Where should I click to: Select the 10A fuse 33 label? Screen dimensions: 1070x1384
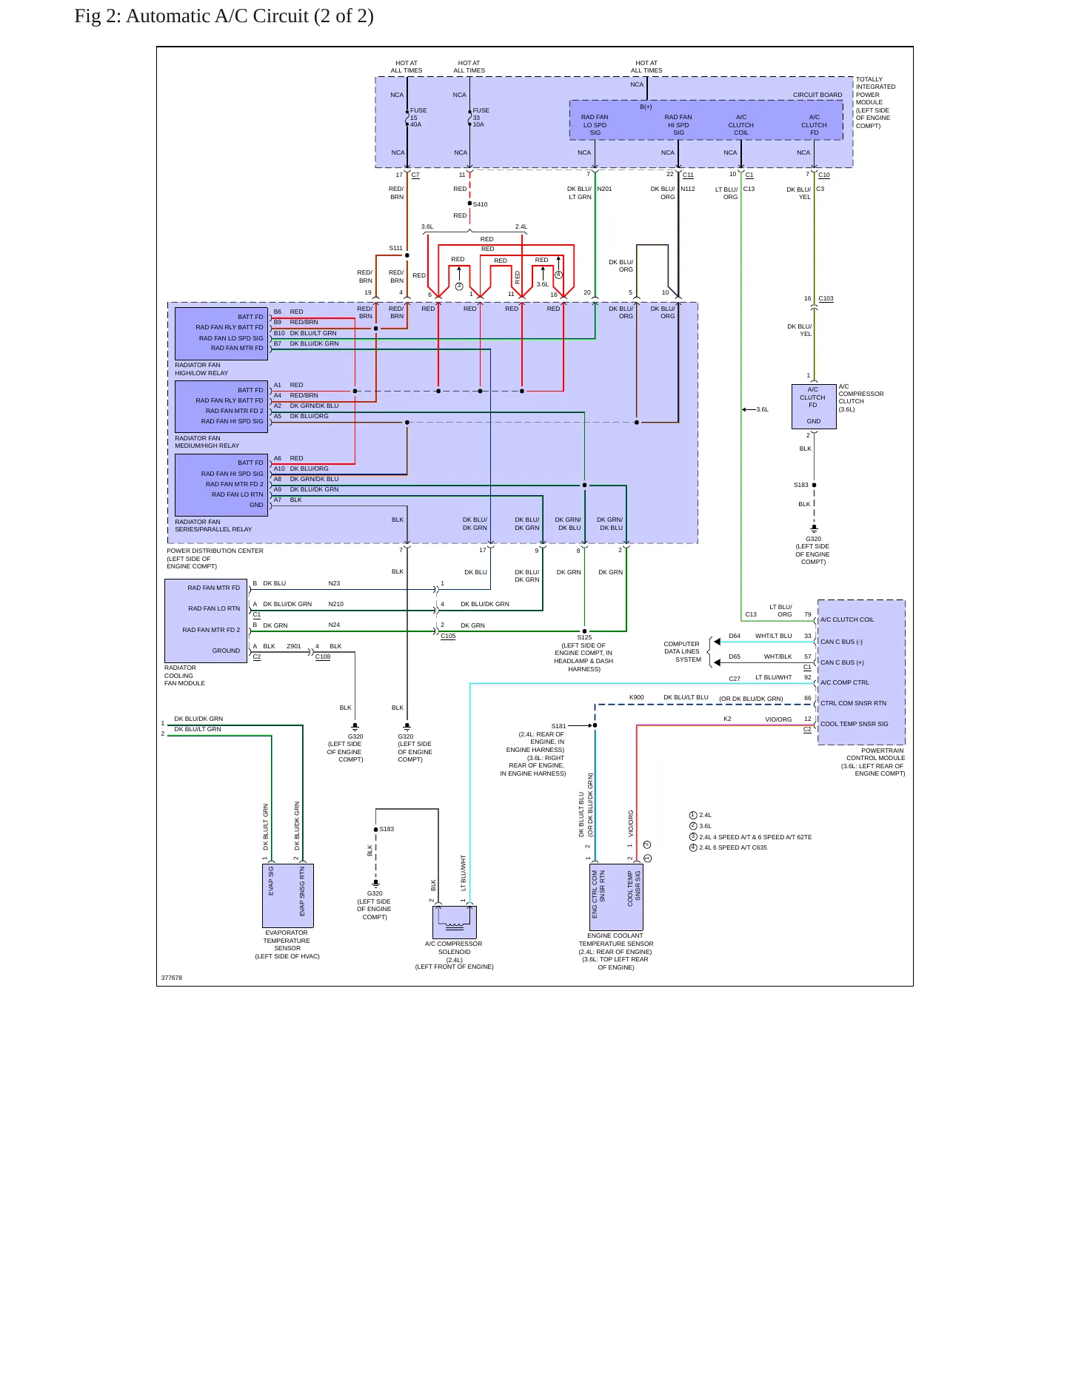point(481,118)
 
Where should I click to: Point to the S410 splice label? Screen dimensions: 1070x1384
point(480,204)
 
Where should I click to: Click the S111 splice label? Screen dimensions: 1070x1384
point(395,249)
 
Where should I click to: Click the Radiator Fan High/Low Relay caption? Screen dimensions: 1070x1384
point(201,369)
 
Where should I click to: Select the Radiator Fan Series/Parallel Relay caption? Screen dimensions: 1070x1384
point(213,525)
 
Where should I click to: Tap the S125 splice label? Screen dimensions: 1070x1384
point(584,637)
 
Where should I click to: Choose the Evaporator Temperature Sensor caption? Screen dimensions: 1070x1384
point(287,944)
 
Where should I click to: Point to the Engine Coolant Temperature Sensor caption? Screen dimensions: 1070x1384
point(616,951)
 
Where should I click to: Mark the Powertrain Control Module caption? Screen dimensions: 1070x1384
point(873,762)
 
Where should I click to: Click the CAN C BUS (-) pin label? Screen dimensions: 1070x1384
point(841,642)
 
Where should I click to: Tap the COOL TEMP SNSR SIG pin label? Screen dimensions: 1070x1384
point(855,724)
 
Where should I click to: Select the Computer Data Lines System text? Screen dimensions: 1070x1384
point(682,651)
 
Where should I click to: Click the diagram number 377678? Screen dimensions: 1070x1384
point(172,978)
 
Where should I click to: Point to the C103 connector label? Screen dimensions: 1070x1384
point(826,298)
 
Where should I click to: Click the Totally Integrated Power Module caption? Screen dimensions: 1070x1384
point(875,102)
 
